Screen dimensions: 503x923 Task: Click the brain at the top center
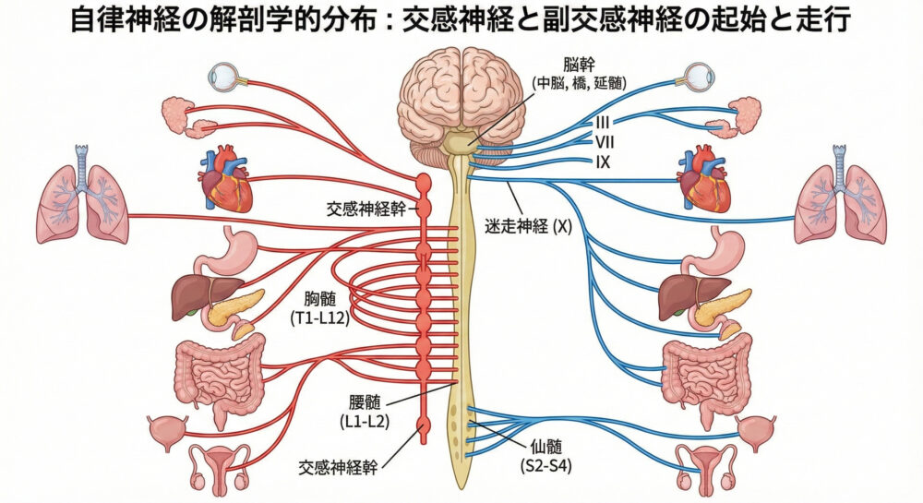(x=461, y=96)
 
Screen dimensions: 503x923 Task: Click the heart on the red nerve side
(x=225, y=180)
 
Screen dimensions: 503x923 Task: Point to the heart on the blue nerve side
(x=704, y=180)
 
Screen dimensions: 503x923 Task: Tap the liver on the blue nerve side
(x=682, y=297)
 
